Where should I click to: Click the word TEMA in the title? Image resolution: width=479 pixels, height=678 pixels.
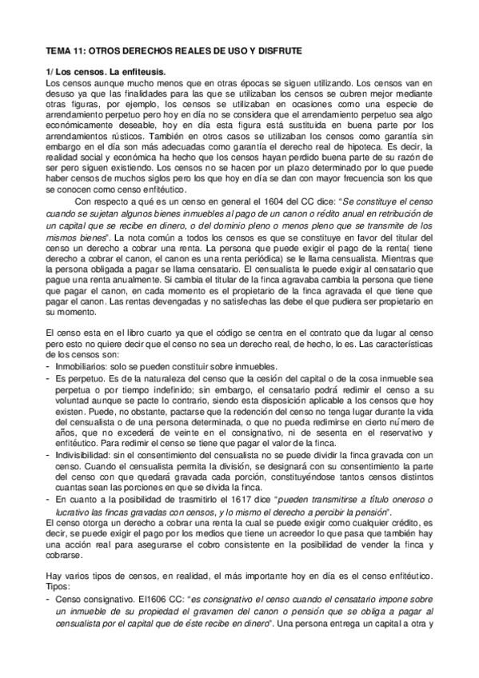point(58,50)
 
